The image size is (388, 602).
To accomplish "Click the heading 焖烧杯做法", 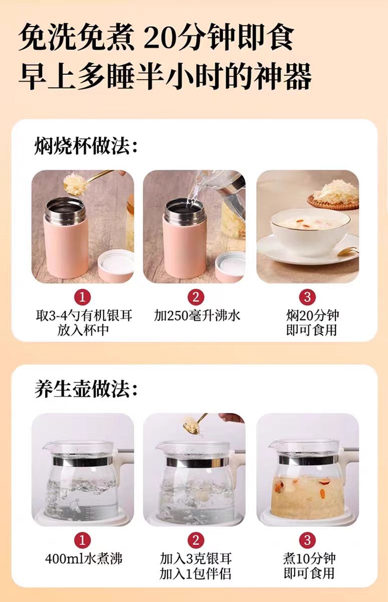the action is (x=86, y=146).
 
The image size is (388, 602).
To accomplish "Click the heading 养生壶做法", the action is (x=86, y=389).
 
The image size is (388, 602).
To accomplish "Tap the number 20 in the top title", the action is (x=159, y=37).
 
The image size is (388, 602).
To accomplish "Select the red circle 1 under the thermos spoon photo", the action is (x=82, y=297).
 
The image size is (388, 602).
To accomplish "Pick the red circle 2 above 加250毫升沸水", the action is (x=196, y=297).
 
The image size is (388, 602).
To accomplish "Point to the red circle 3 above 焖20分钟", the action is (x=307, y=297).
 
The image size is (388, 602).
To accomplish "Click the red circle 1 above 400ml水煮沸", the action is (x=82, y=540).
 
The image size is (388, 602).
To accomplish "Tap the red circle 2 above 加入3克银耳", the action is (x=196, y=540).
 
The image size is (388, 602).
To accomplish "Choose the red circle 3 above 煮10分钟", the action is (x=307, y=540).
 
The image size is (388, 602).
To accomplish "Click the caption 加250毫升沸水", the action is (x=197, y=316).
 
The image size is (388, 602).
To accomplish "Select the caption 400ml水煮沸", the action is (x=84, y=559).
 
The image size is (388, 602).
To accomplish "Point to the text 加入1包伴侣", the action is (x=195, y=573).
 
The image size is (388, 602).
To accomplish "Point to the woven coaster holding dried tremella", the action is (x=333, y=202).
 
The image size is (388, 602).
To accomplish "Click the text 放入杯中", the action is (x=83, y=330).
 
